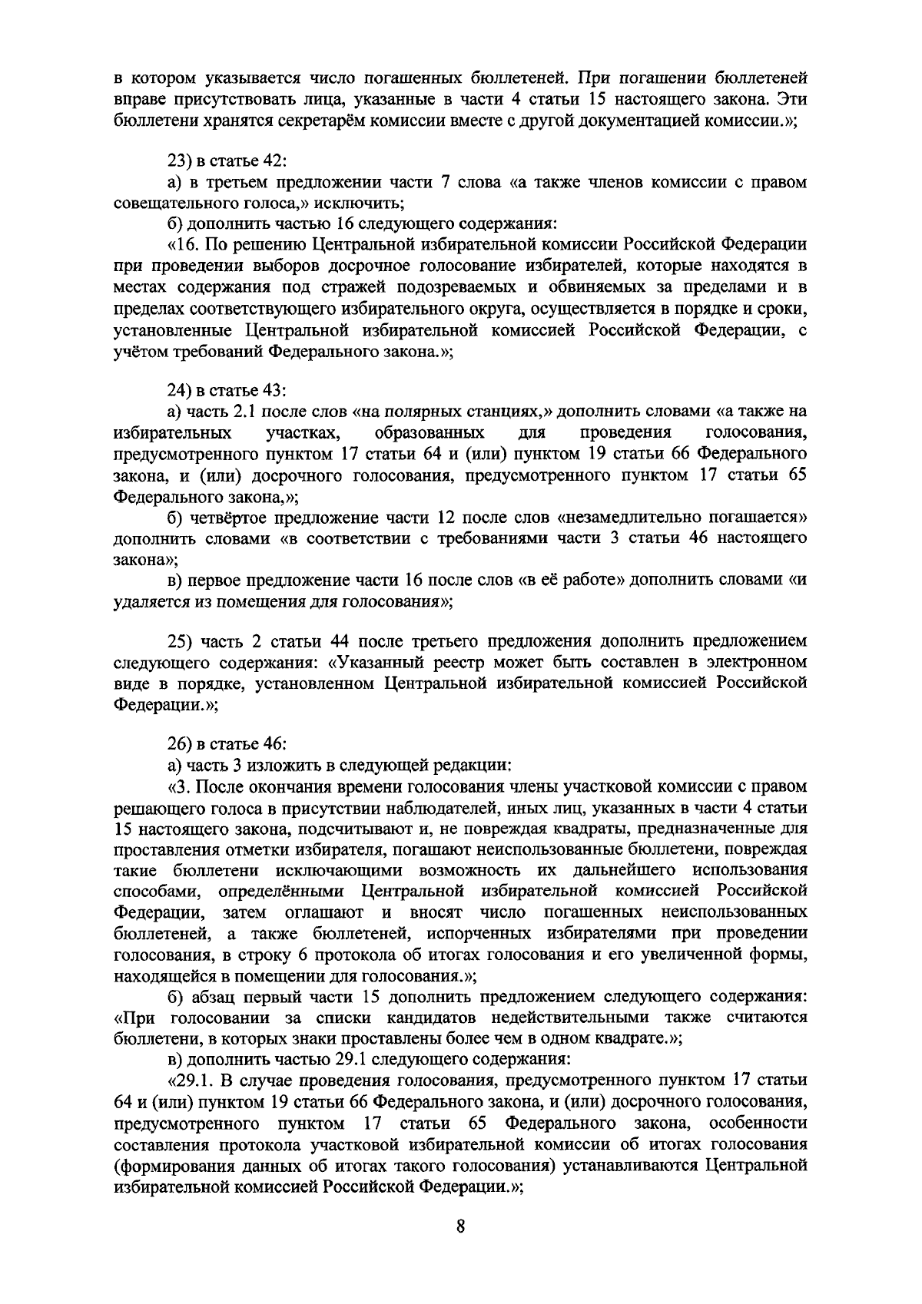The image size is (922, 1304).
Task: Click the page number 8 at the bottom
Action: click(x=460, y=1226)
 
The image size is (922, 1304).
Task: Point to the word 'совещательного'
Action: click(x=170, y=204)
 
